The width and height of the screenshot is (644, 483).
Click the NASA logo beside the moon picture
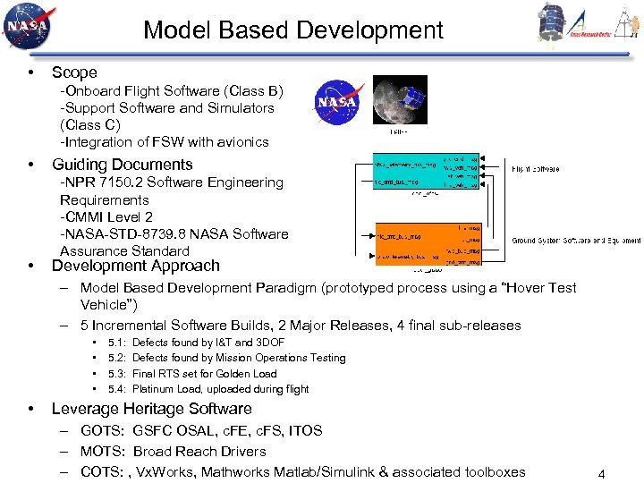(336, 101)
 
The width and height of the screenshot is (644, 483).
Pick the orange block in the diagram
(428, 244)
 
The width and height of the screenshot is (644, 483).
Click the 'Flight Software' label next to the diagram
(536, 168)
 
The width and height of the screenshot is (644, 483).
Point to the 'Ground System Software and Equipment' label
(575, 241)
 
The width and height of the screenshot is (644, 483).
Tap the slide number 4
(601, 474)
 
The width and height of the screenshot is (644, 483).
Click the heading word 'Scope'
(74, 72)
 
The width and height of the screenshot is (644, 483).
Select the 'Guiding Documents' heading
(122, 165)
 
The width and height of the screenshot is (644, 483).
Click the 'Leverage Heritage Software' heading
(151, 409)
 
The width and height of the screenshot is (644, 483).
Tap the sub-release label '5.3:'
(116, 374)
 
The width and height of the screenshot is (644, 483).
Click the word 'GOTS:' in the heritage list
(102, 431)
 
